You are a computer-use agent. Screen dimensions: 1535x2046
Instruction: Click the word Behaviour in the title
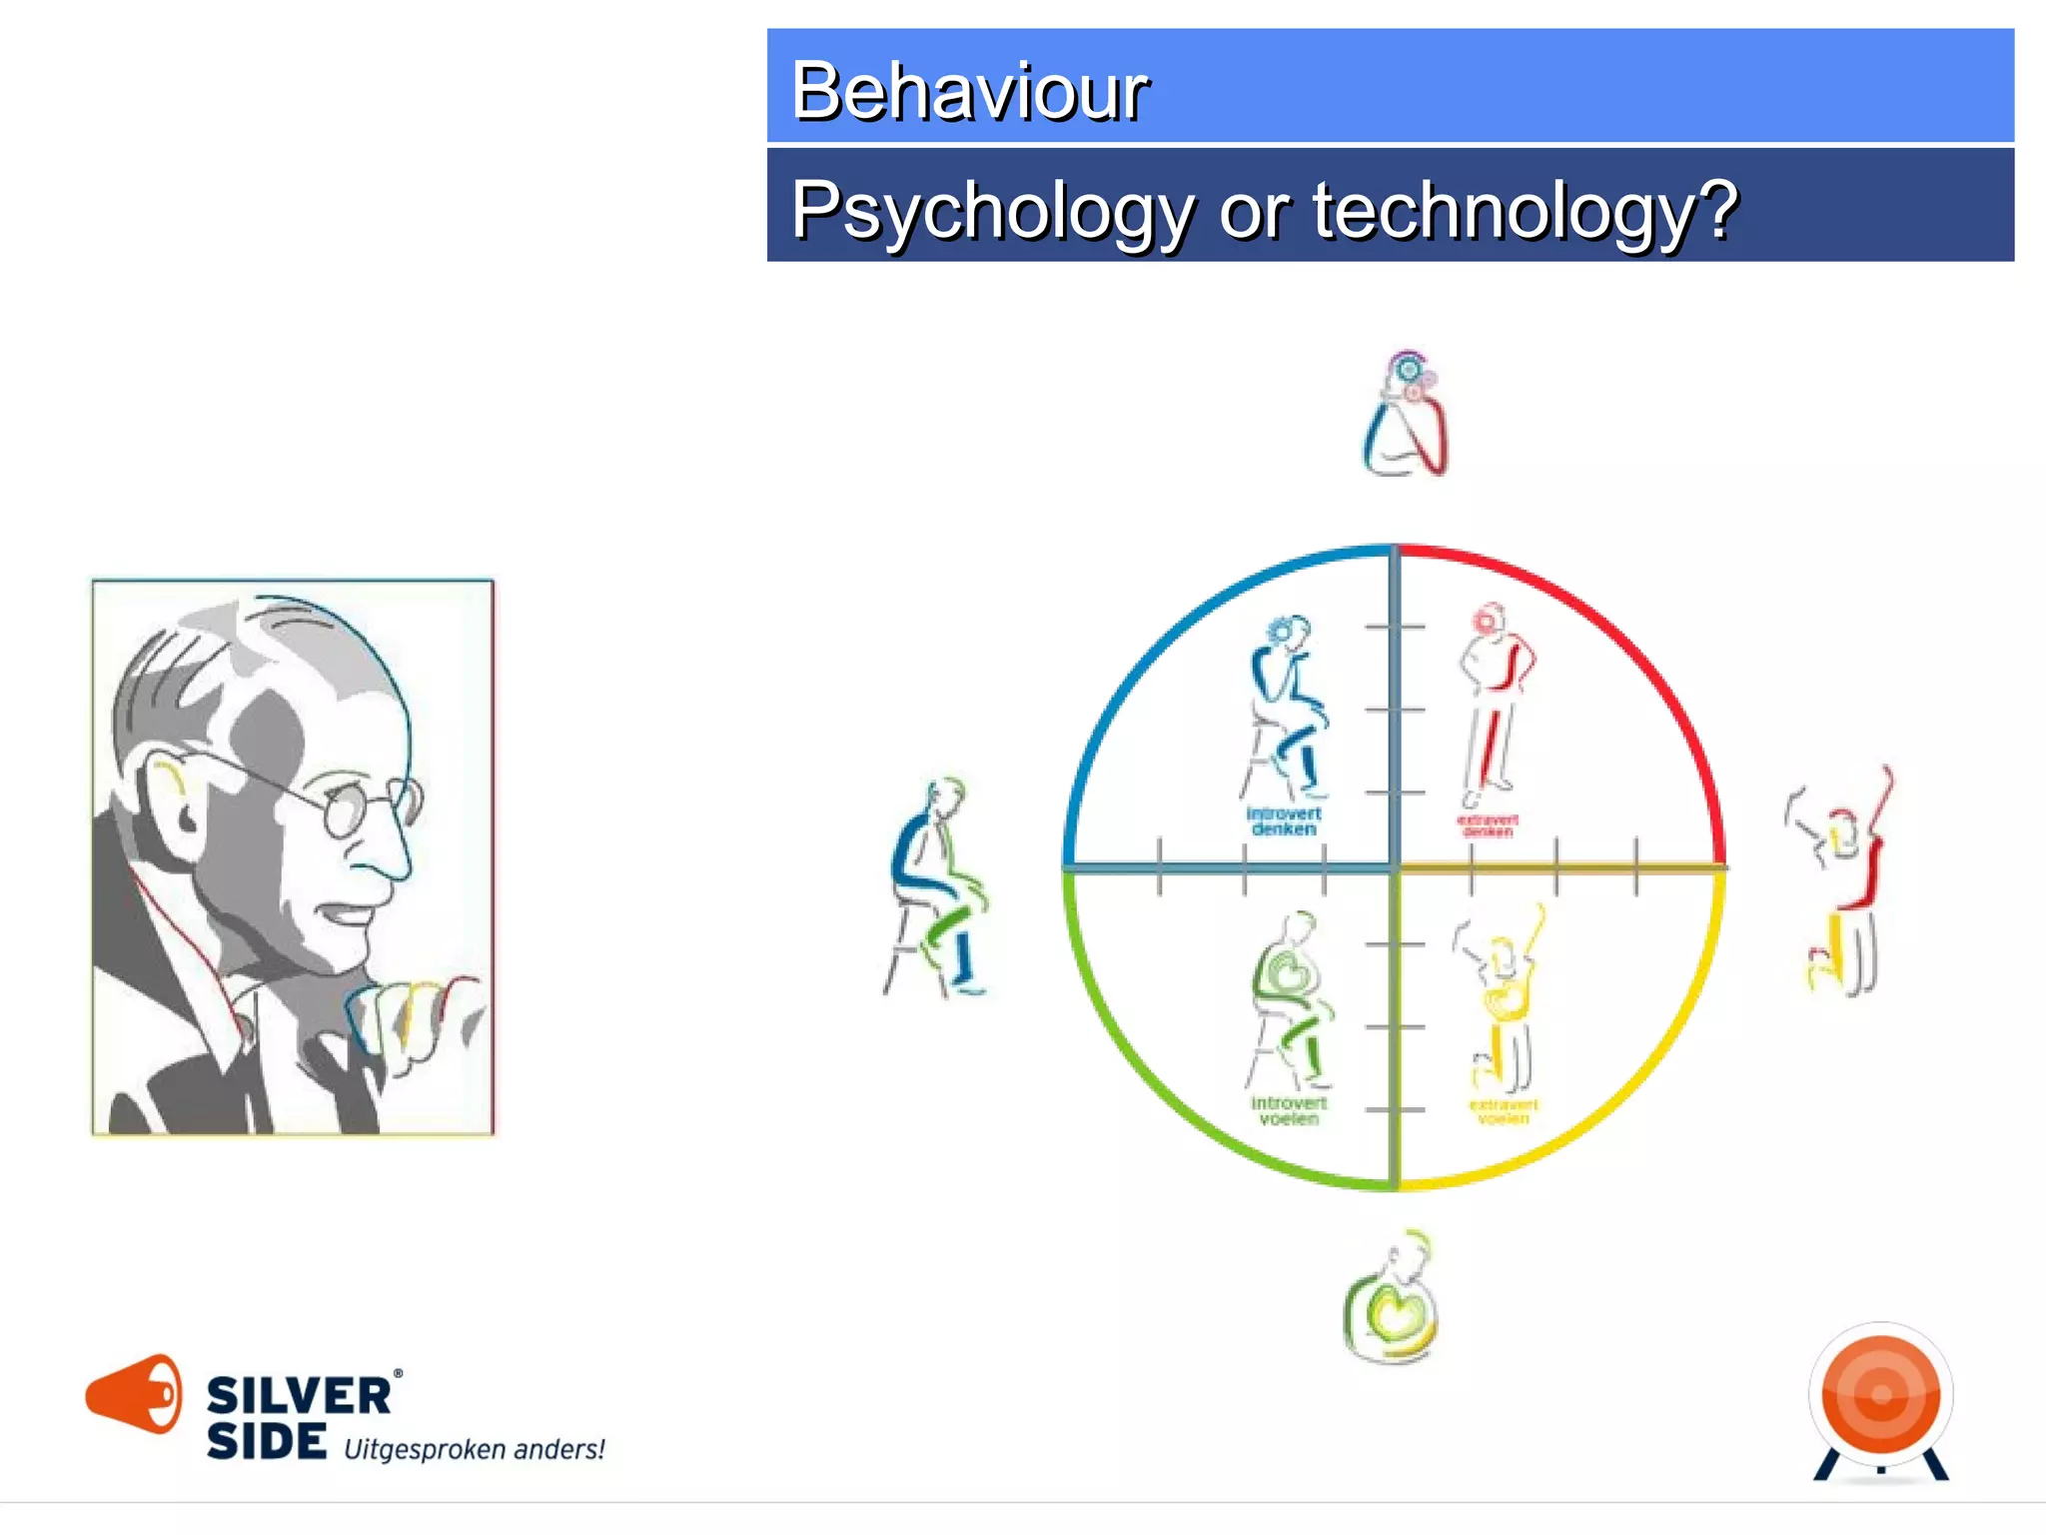(x=969, y=91)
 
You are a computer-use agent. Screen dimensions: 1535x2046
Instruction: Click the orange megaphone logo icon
(x=134, y=1393)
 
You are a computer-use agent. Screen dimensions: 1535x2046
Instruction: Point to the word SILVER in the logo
(x=299, y=1396)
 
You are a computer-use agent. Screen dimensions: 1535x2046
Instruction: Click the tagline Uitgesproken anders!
(x=475, y=1449)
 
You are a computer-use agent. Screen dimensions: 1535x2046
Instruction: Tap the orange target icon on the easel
(x=1881, y=1395)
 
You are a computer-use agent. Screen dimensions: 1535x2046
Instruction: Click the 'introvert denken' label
(x=1284, y=821)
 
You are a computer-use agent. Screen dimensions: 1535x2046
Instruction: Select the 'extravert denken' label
(x=1488, y=825)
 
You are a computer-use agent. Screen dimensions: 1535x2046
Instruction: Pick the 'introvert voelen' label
(x=1289, y=1110)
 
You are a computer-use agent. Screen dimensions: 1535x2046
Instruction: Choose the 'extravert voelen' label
(x=1503, y=1111)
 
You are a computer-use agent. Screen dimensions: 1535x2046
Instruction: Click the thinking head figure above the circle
(x=1406, y=414)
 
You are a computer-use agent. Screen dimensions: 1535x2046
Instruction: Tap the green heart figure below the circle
(x=1391, y=1300)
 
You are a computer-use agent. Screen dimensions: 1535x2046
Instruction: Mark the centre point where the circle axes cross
(x=1395, y=868)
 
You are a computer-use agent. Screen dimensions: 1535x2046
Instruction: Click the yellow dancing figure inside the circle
(x=1502, y=999)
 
